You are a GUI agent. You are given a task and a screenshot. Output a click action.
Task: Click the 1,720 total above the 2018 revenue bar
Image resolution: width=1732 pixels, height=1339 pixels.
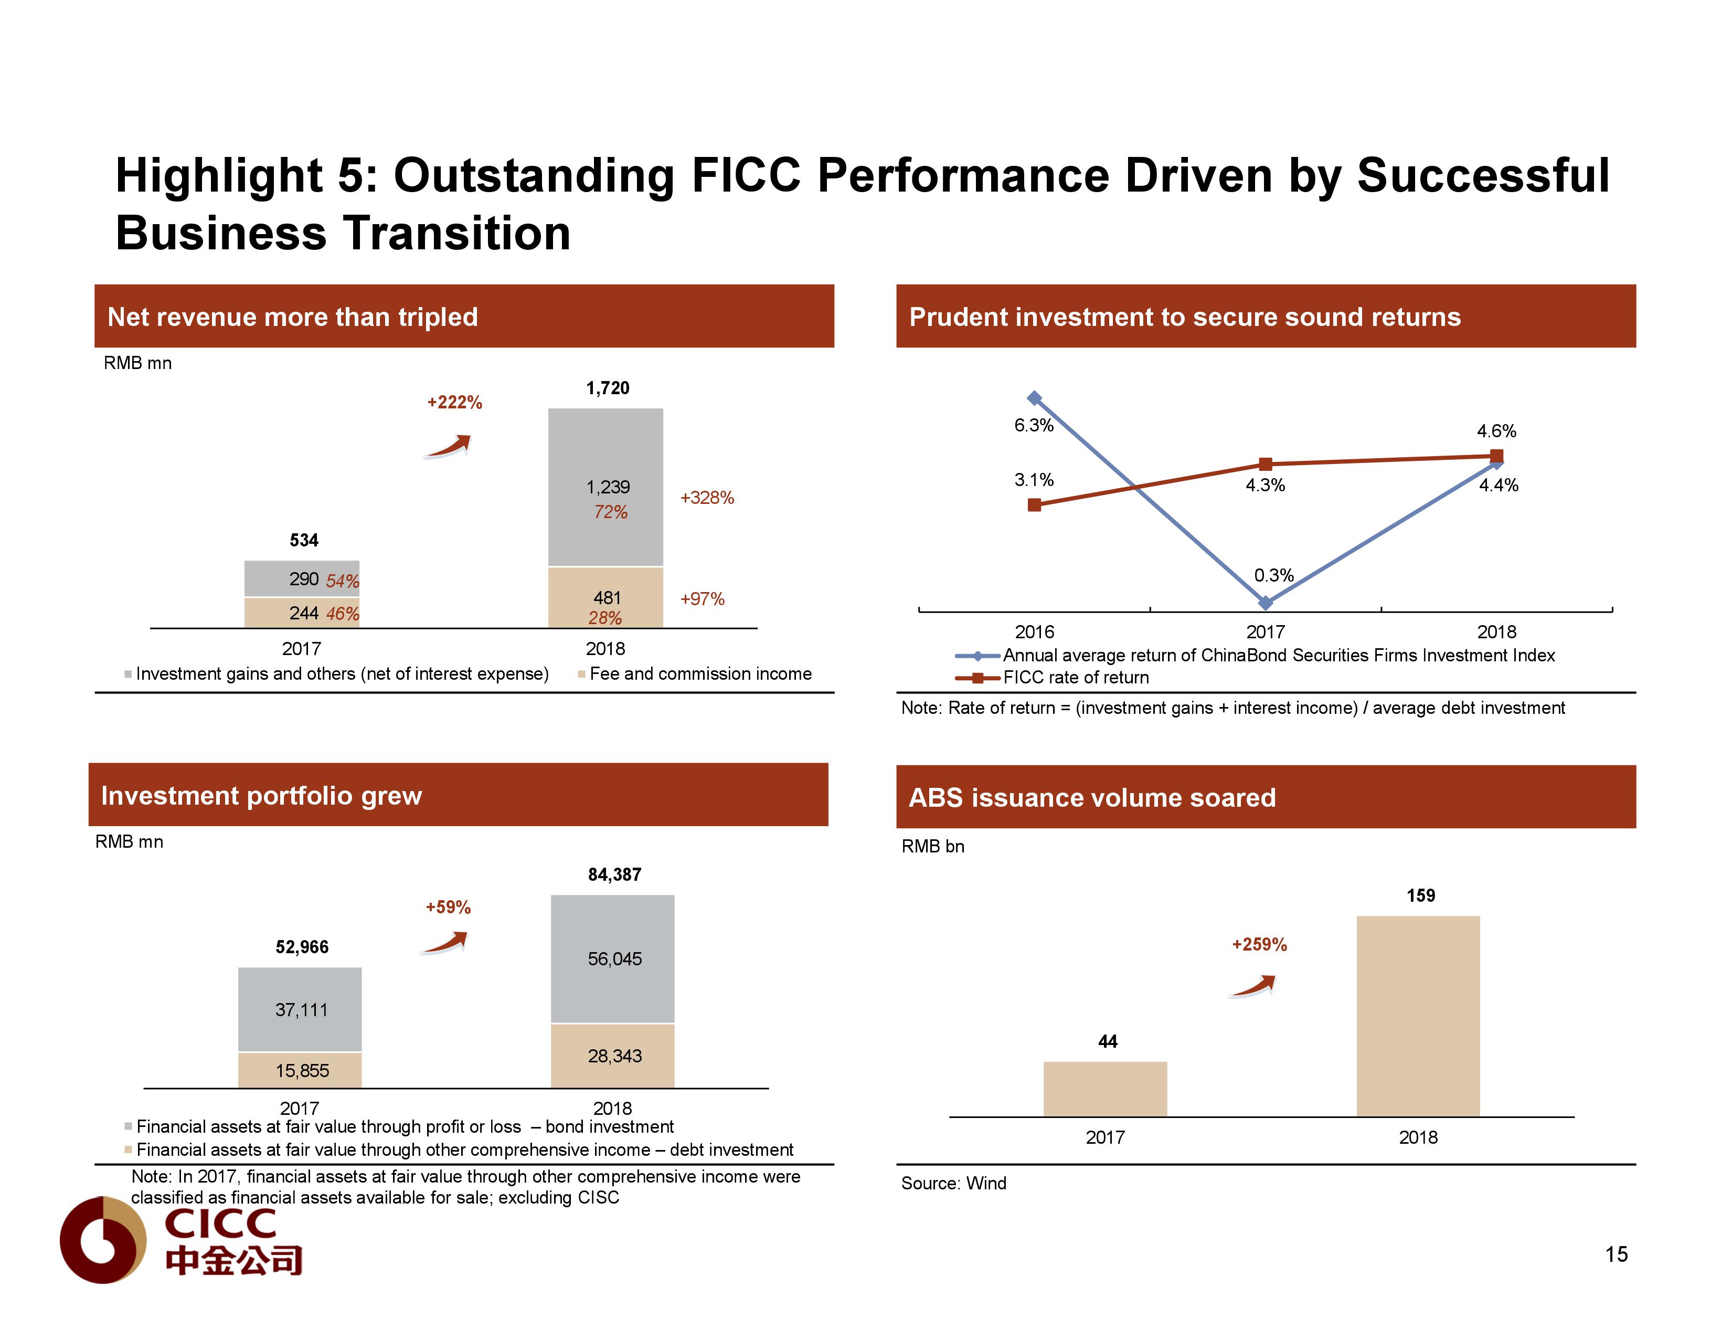[608, 388]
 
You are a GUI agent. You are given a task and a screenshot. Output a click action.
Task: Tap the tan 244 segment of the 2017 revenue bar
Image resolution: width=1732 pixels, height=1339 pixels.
[301, 613]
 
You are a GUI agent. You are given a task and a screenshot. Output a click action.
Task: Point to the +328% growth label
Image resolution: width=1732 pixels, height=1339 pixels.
[707, 498]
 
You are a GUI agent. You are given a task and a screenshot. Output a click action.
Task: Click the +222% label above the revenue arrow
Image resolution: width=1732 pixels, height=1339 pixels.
[454, 402]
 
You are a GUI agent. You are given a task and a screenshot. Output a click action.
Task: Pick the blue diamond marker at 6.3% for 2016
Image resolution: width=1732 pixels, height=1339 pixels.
[1034, 398]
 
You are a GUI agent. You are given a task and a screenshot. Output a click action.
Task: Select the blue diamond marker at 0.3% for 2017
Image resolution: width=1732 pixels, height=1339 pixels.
[1266, 603]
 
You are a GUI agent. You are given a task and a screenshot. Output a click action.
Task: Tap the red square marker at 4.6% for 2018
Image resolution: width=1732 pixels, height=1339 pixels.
[1496, 455]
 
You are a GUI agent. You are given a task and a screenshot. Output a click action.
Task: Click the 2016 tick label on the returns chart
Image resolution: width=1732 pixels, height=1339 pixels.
[1034, 632]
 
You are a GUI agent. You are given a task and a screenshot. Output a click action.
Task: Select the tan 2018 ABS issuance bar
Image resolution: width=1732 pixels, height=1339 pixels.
[1418, 1015]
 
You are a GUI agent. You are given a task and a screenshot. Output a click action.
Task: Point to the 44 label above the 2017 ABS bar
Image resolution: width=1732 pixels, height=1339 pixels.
[1108, 1041]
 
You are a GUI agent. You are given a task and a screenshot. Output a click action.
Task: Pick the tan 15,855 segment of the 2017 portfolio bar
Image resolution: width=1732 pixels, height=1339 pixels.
[301, 1071]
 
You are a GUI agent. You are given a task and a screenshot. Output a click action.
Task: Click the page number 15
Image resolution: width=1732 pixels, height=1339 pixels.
[1616, 1254]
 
